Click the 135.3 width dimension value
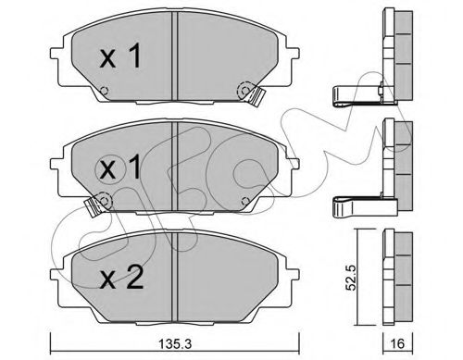(175, 343)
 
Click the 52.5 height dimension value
(352, 278)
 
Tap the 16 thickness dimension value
(398, 343)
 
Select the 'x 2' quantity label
(121, 279)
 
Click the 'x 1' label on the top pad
(120, 56)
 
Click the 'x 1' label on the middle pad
(120, 168)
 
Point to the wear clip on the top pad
(257, 96)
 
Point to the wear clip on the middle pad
(93, 206)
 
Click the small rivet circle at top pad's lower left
(105, 91)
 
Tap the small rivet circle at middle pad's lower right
(245, 201)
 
